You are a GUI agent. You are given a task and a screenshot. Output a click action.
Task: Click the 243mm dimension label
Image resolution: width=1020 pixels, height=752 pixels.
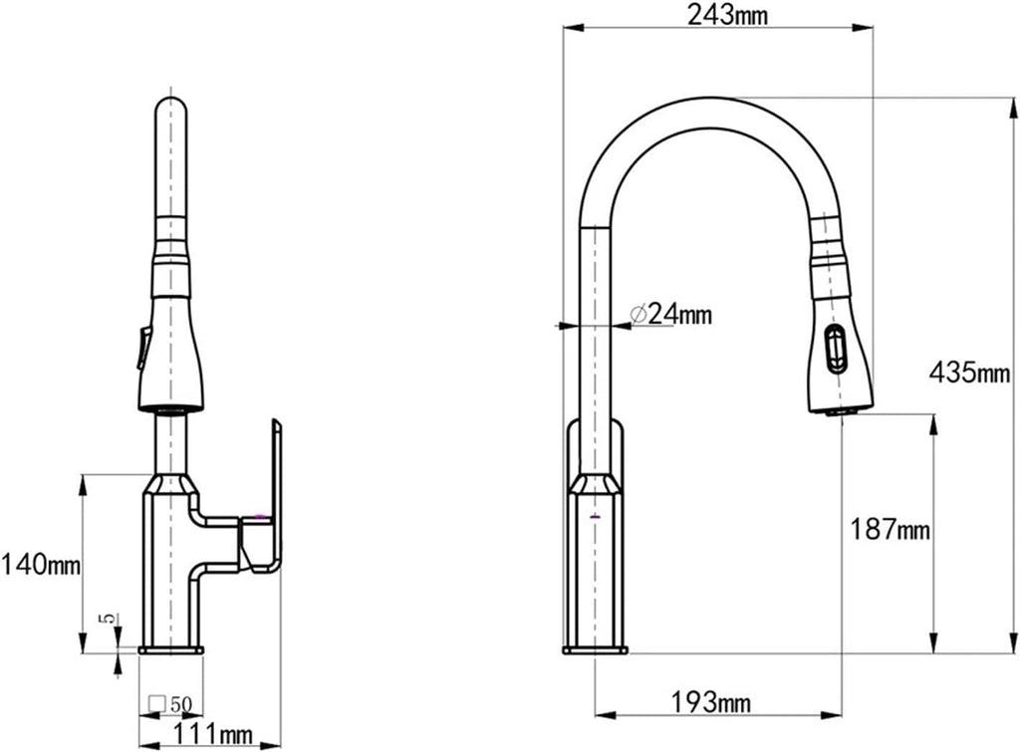point(727,14)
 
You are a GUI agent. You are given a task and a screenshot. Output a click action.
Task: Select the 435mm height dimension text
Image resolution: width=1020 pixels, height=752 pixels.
point(970,374)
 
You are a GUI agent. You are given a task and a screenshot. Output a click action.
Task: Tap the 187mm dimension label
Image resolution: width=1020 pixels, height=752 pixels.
point(891,530)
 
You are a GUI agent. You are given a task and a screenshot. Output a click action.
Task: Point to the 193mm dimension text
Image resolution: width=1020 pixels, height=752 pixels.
point(710,702)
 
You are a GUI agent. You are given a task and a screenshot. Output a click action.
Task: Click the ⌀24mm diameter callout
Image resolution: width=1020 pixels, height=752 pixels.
point(671,315)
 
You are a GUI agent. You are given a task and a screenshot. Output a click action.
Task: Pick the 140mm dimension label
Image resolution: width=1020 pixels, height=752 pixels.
point(40,564)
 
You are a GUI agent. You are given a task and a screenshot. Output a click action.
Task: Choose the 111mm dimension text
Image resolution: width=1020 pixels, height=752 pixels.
point(213,735)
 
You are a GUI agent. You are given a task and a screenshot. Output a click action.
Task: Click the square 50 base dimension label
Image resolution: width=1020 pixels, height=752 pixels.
point(170,704)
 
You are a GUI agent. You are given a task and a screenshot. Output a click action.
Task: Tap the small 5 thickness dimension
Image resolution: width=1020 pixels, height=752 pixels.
point(110,618)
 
